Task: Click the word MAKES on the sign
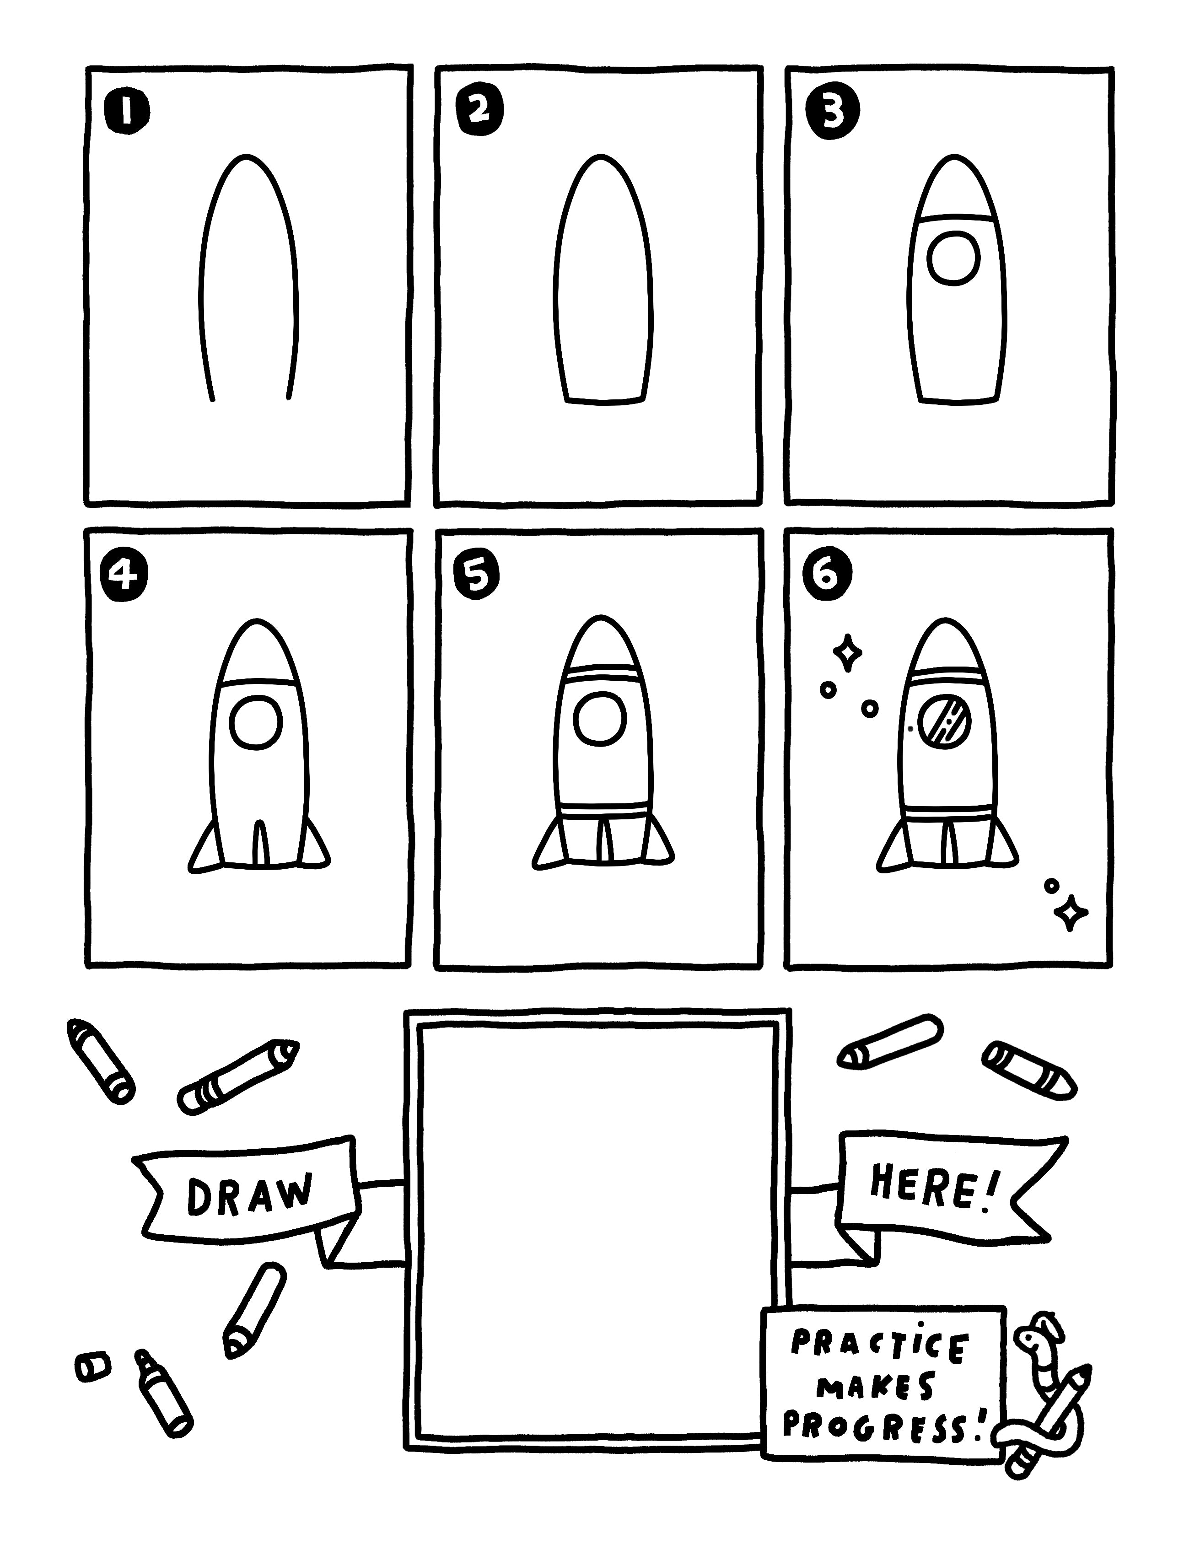point(875,1387)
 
